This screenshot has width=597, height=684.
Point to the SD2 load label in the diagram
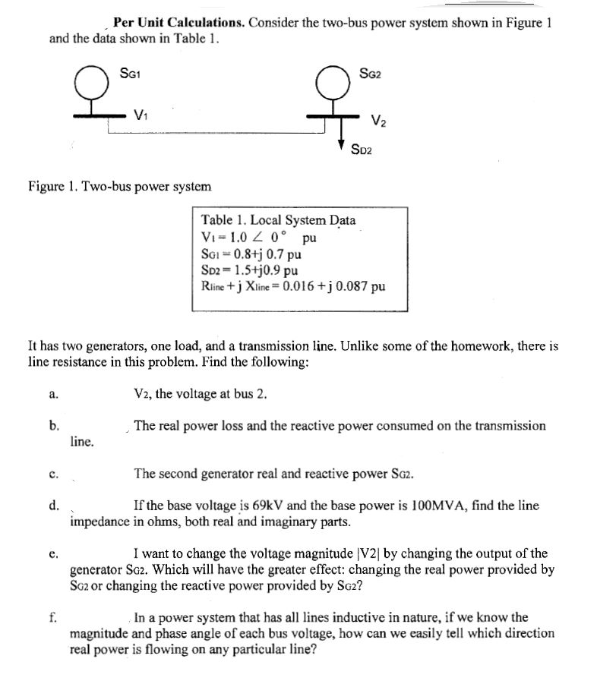coord(362,149)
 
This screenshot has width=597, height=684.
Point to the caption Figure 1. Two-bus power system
coord(119,185)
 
